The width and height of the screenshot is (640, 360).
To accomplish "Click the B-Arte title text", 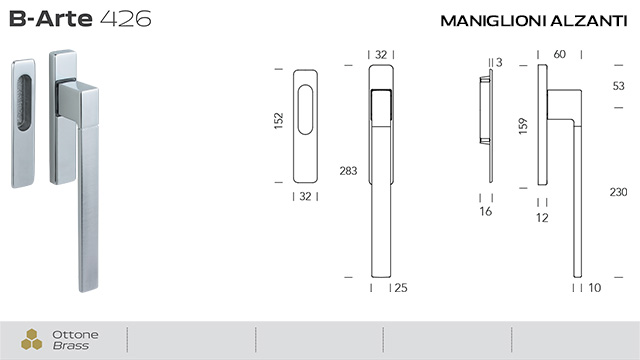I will (x=51, y=20).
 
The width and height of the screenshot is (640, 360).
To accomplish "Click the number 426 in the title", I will (x=127, y=20).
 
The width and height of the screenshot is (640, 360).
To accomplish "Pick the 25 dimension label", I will (x=401, y=288).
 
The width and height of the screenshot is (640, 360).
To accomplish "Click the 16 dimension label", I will (x=486, y=213).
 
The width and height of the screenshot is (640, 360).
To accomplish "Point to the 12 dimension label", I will (x=542, y=216).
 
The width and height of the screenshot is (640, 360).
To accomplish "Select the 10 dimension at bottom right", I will (x=596, y=288).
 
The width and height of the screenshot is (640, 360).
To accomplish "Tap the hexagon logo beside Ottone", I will (x=32, y=339).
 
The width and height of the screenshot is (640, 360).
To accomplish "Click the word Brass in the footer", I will (x=72, y=346).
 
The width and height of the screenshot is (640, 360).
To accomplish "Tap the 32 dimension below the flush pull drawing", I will (x=306, y=196).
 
